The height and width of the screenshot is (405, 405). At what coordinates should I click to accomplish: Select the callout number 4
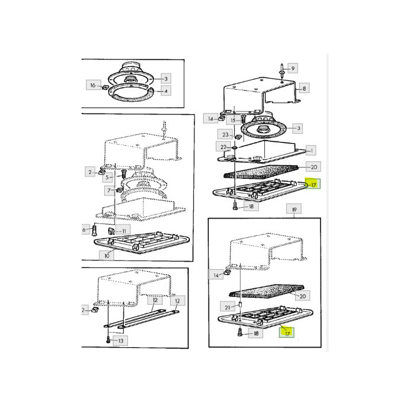pos(166,91)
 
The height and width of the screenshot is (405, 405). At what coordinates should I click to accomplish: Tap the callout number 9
pos(293,68)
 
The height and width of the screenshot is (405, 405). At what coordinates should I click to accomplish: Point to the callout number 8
pos(305,89)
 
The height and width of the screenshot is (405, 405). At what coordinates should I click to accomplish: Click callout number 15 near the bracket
pos(234,120)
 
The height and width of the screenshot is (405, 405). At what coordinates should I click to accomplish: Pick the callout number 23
pos(225,134)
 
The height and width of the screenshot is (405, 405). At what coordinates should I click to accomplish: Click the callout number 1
pos(312,150)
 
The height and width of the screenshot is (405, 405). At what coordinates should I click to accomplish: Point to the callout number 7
pos(108,189)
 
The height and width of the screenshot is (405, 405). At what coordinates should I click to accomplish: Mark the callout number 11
pos(126,231)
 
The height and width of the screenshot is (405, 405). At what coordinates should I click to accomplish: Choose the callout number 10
pos(106,254)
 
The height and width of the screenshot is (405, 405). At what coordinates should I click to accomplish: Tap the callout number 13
pos(120,341)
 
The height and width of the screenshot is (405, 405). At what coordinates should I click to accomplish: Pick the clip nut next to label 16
pos(105,88)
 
